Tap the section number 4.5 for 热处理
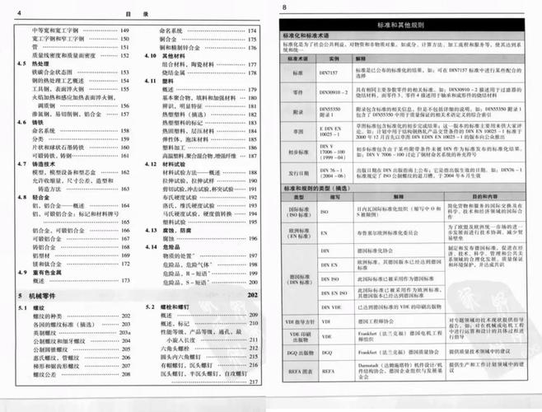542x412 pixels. point(22,63)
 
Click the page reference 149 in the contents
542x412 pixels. point(124,30)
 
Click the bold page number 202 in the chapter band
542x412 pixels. point(252,294)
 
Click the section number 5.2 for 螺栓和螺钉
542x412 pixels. point(149,307)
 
